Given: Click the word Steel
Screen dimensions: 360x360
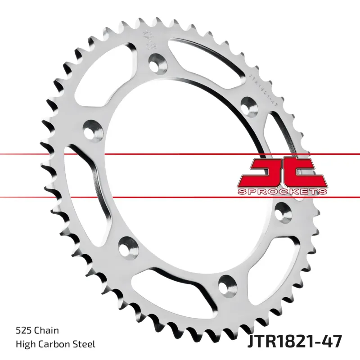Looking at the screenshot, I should (x=84, y=344).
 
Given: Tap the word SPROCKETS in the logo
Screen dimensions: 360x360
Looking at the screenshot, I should (x=282, y=192).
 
